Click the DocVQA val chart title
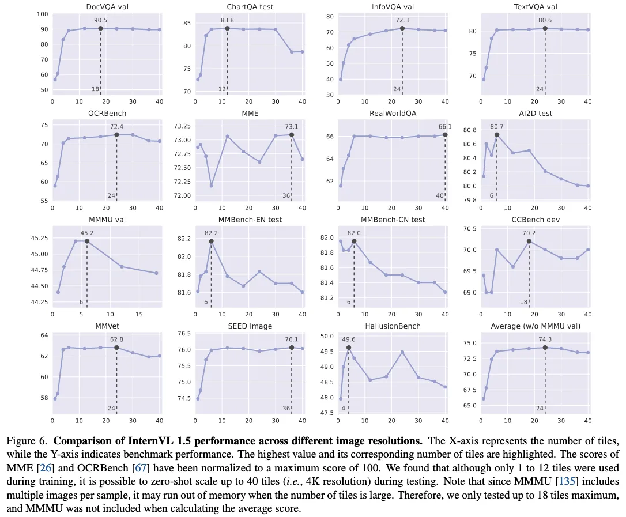pyautogui.click(x=107, y=7)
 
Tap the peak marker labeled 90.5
pyautogui.click(x=100, y=28)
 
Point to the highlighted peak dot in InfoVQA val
pyautogui.click(x=402, y=28)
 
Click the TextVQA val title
pyautogui.click(x=535, y=7)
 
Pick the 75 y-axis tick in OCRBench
pyautogui.click(x=43, y=124)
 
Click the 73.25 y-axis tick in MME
pyautogui.click(x=182, y=126)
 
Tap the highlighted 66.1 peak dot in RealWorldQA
pyautogui.click(x=445, y=134)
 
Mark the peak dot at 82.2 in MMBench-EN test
pyautogui.click(x=211, y=241)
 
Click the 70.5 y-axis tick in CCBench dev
pyautogui.click(x=468, y=229)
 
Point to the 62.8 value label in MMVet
pyautogui.click(x=116, y=339)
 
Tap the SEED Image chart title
pyautogui.click(x=250, y=326)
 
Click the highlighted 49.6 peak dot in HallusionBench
pyautogui.click(x=348, y=348)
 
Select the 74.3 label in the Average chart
pyautogui.click(x=545, y=339)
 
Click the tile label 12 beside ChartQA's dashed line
pyautogui.click(x=221, y=89)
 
